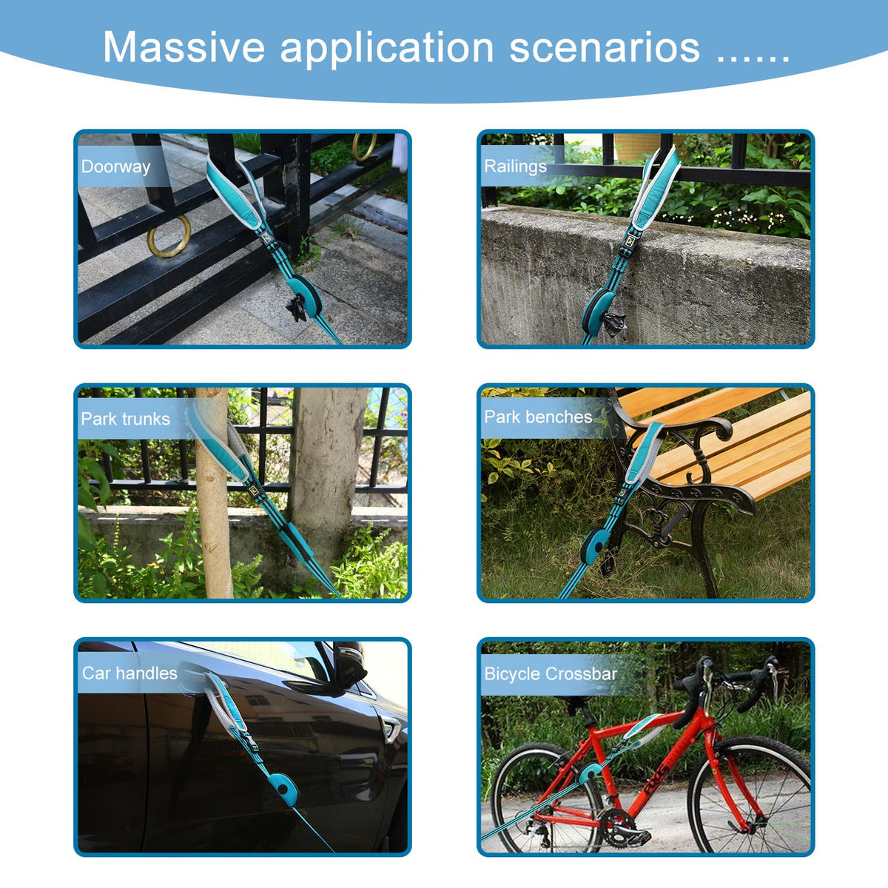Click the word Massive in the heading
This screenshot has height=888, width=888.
(x=184, y=47)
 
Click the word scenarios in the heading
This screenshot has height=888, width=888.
(x=605, y=47)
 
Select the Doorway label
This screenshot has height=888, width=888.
(x=115, y=166)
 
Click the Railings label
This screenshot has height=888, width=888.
(x=515, y=166)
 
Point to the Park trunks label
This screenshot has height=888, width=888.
(x=125, y=419)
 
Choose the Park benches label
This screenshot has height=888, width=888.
(x=538, y=417)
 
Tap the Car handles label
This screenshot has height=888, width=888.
(x=129, y=673)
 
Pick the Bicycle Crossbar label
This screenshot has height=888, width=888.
(x=551, y=673)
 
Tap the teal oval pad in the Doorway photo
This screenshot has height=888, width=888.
(x=306, y=295)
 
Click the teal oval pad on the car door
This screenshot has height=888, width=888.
(x=283, y=790)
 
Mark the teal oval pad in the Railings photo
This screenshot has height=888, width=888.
(x=598, y=311)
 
